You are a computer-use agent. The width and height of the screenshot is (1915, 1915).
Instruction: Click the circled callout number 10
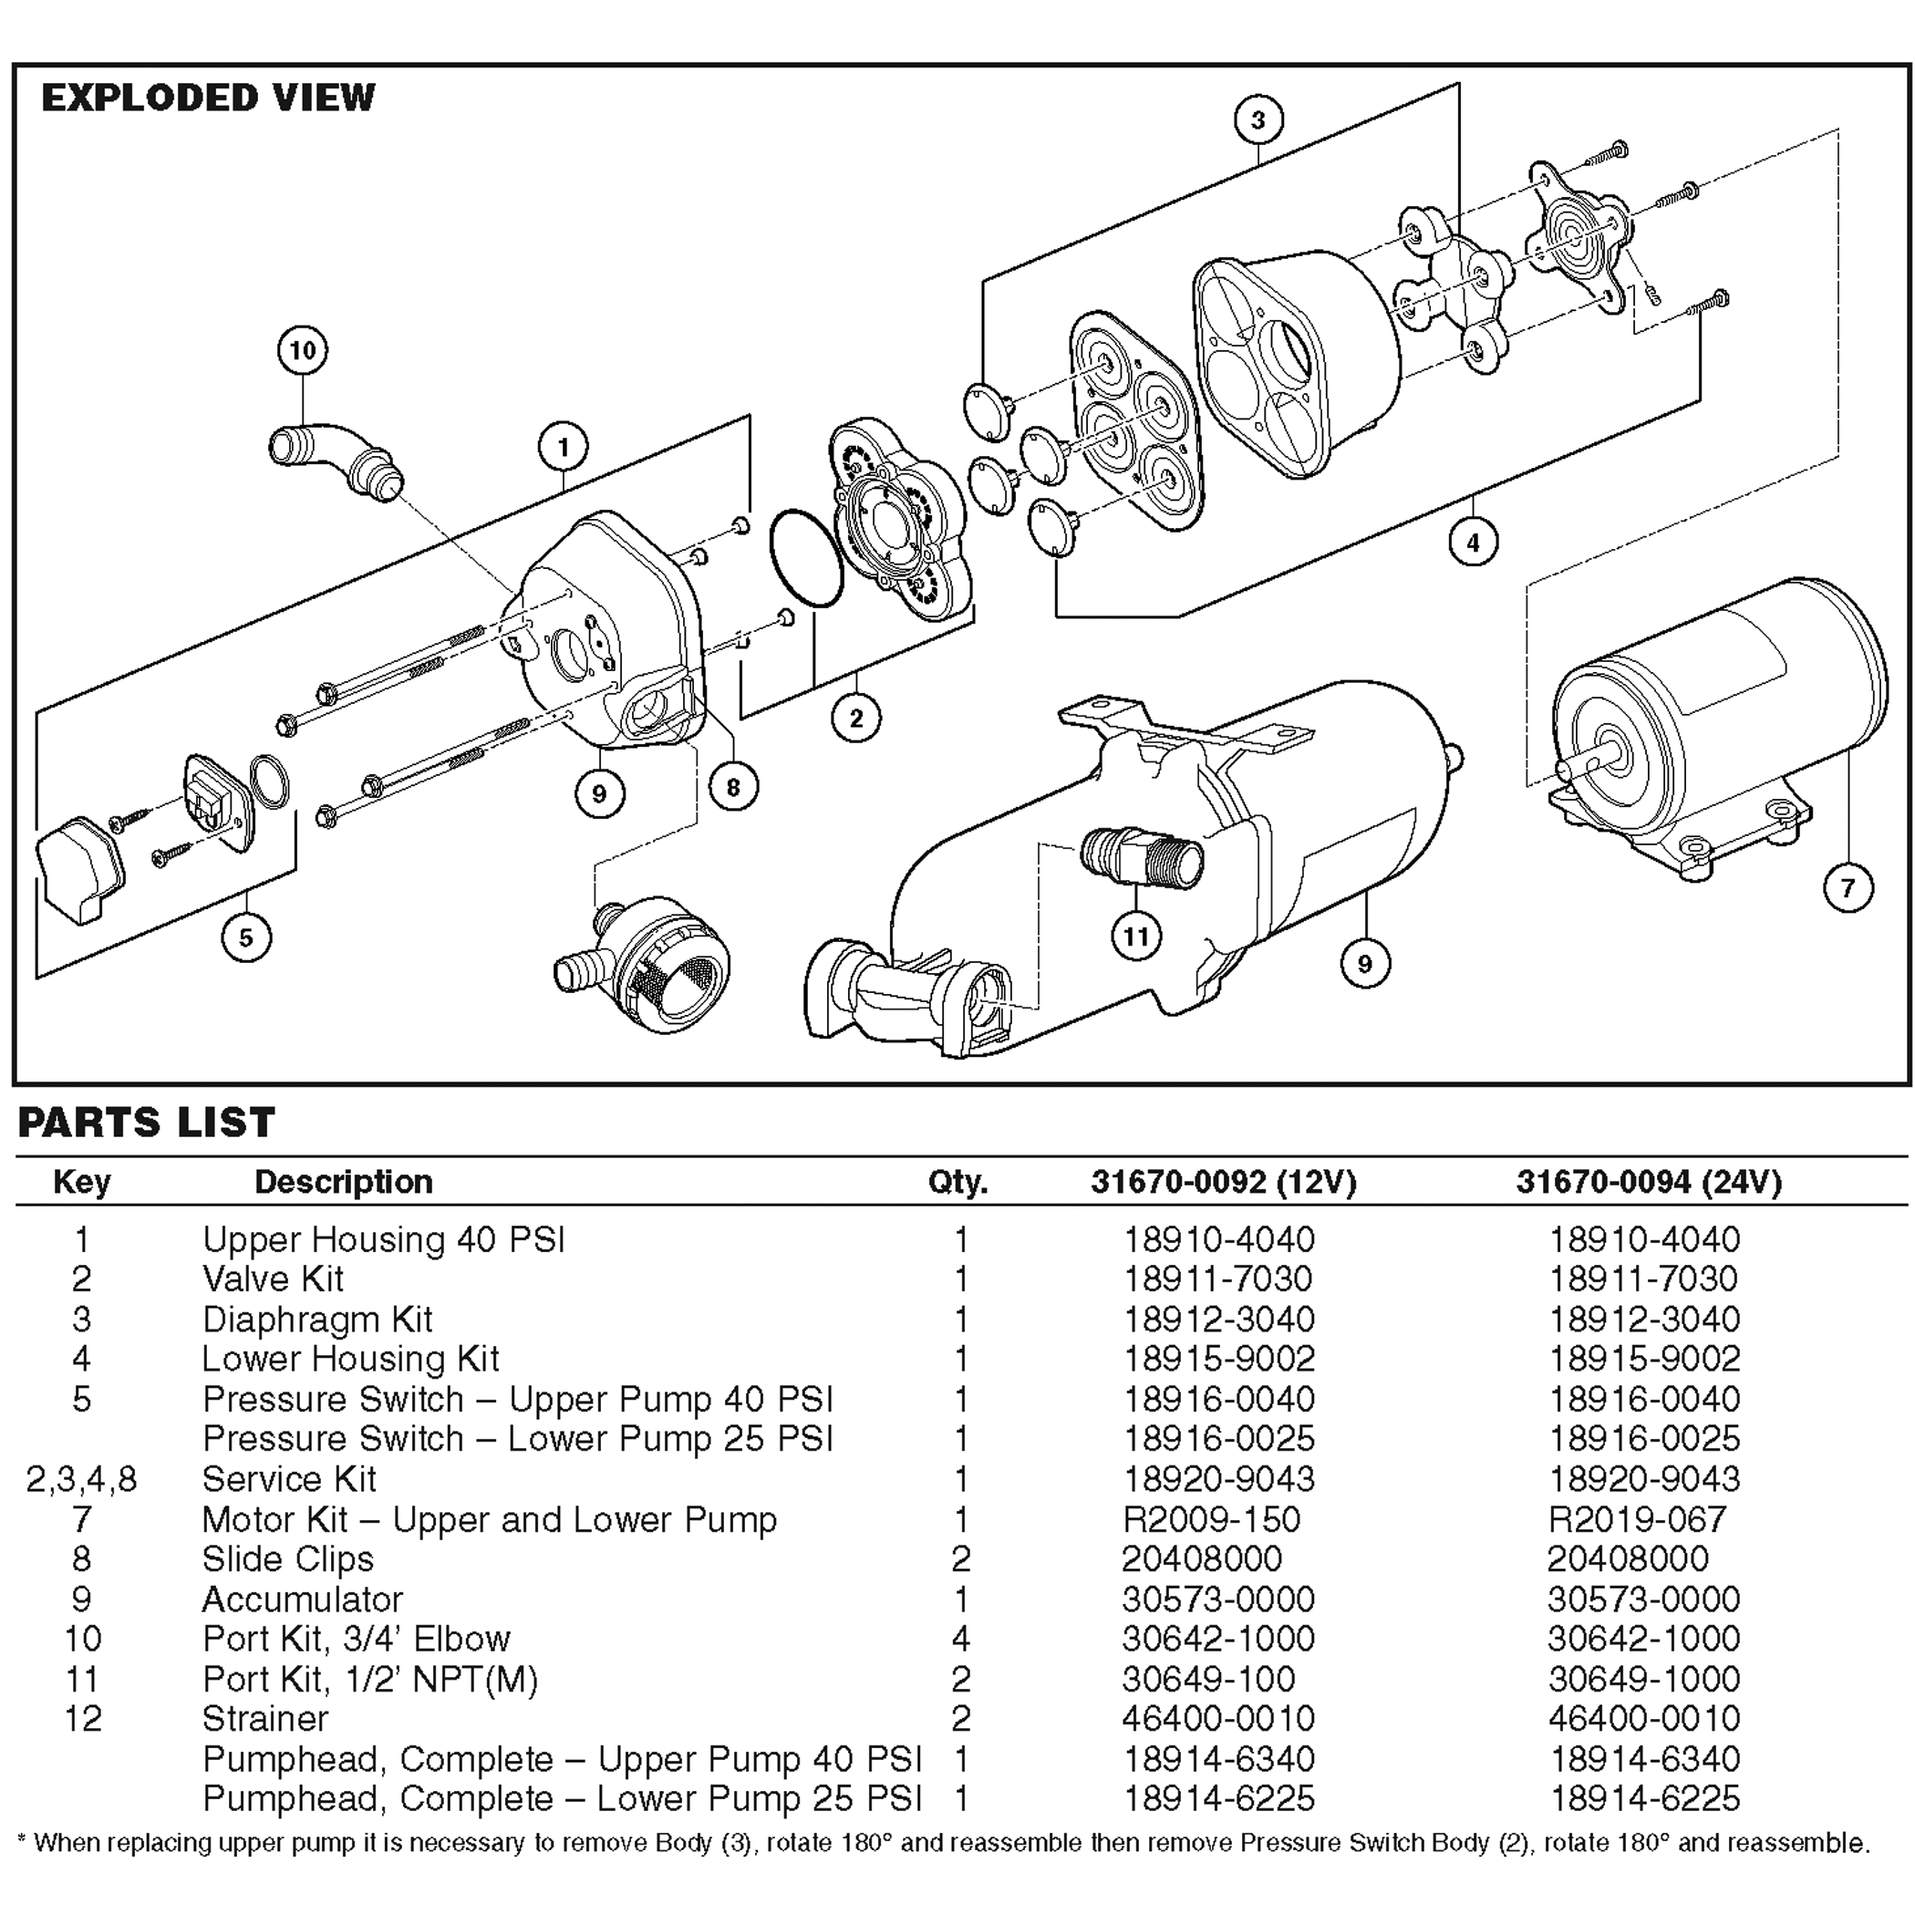(x=303, y=350)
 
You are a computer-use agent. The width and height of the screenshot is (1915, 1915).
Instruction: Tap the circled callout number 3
(x=1258, y=120)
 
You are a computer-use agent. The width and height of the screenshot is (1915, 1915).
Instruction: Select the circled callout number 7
(x=1848, y=887)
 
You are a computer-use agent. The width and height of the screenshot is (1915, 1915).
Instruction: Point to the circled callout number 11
(x=1136, y=936)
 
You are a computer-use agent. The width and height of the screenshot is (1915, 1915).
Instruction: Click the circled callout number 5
(x=246, y=937)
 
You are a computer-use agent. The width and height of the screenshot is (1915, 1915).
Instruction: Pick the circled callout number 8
(x=732, y=787)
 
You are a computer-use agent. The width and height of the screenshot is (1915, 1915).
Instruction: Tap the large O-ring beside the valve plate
(x=806, y=558)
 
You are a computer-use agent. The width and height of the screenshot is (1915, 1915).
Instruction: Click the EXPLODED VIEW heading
(x=208, y=98)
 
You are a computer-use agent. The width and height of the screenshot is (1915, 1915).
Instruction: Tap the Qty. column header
(x=957, y=1182)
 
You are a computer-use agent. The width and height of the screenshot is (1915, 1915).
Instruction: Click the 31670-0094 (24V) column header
(x=1649, y=1182)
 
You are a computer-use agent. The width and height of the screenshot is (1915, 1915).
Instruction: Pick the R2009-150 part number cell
(x=1210, y=1519)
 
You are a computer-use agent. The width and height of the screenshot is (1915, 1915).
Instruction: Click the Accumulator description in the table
(x=303, y=1599)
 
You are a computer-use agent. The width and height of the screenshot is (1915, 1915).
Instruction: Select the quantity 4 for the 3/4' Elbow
(x=959, y=1639)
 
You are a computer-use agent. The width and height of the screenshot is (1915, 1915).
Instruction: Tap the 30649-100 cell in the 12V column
(x=1208, y=1679)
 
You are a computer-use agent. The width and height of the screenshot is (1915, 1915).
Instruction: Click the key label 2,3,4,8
(x=81, y=1479)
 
